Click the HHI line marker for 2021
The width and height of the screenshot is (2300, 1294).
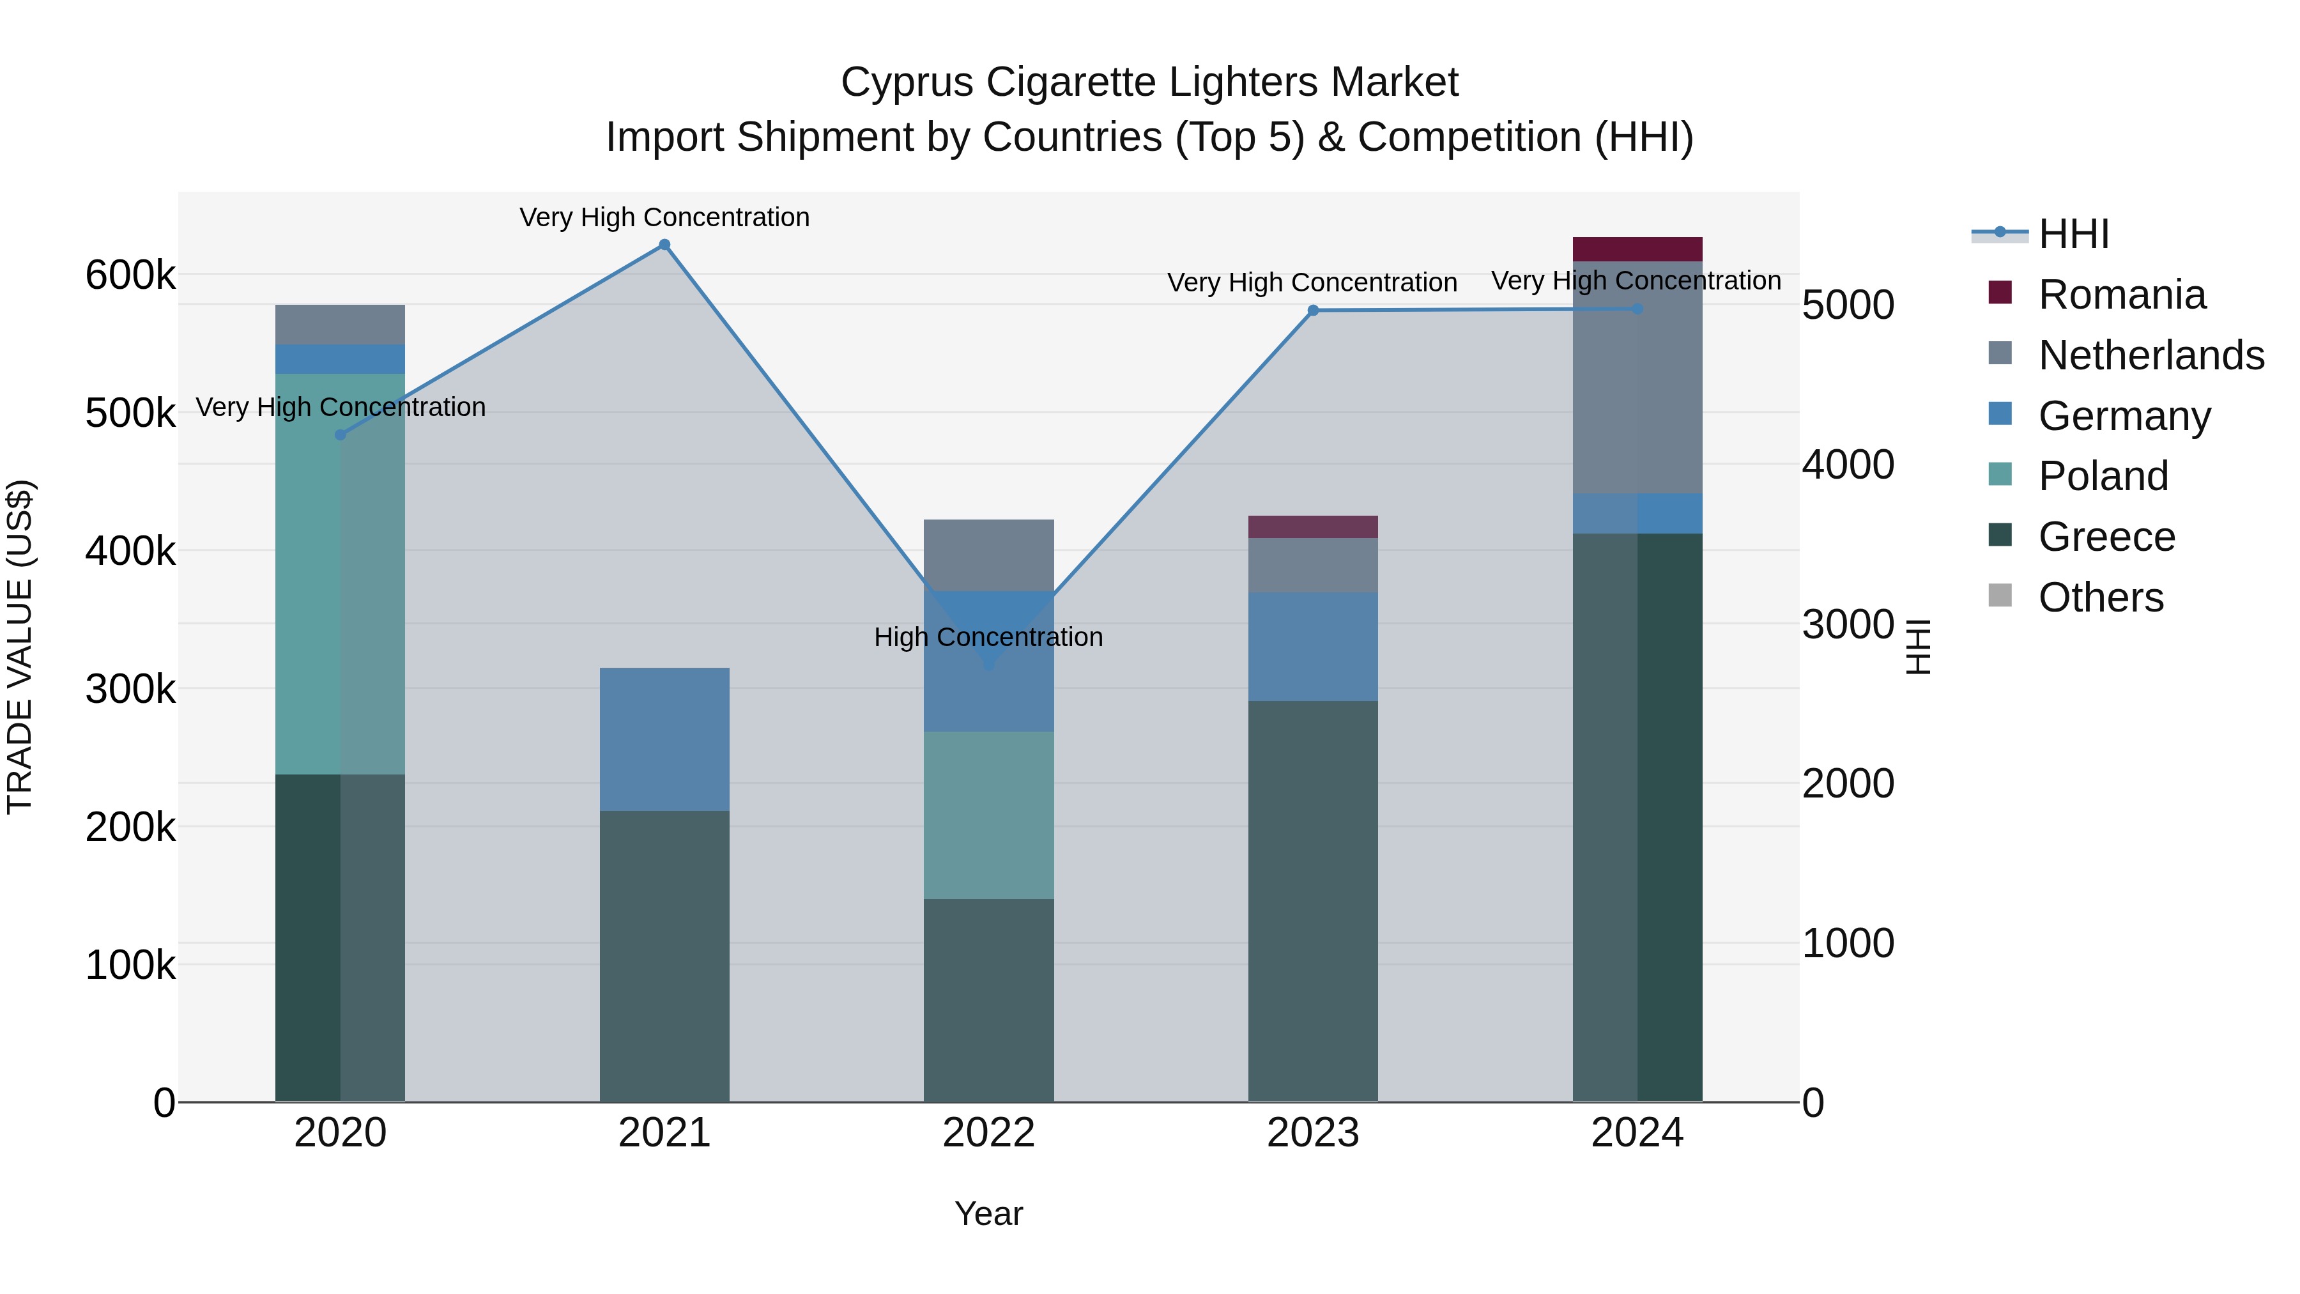click(x=664, y=245)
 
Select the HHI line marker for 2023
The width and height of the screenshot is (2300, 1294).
click(x=1312, y=311)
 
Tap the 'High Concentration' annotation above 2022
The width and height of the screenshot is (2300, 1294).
click(x=988, y=638)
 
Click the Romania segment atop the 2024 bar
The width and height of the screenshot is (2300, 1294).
click(x=1637, y=249)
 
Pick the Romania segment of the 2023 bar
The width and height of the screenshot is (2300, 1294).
click(x=1312, y=527)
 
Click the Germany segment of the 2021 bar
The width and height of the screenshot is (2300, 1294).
click(x=664, y=739)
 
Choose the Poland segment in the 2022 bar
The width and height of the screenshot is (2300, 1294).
click(x=988, y=815)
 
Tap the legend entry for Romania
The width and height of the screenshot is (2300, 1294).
click(x=2120, y=295)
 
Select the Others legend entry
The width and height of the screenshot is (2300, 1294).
click(x=2100, y=597)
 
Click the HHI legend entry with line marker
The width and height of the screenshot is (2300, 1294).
click(x=2071, y=234)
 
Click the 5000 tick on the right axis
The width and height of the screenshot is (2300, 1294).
click(x=1847, y=305)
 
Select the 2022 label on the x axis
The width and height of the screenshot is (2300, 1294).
click(x=988, y=1133)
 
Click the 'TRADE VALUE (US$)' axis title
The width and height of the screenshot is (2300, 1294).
click(x=20, y=647)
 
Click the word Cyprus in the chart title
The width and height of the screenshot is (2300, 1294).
click(x=907, y=82)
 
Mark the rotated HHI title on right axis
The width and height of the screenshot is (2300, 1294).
click(x=1918, y=647)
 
